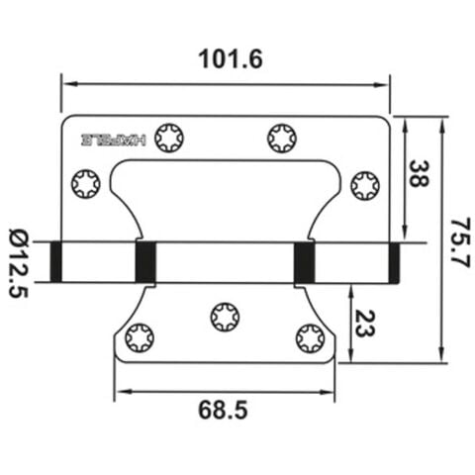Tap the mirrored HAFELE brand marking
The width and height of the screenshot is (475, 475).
click(x=112, y=141)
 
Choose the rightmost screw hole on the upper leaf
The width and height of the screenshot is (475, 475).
click(x=365, y=183)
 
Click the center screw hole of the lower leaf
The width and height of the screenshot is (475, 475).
click(x=225, y=317)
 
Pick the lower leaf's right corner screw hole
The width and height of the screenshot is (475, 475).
click(x=310, y=338)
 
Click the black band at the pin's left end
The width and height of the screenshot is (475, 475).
click(x=56, y=262)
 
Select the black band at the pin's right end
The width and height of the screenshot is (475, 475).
click(x=394, y=262)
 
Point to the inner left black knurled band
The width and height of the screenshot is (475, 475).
click(x=145, y=262)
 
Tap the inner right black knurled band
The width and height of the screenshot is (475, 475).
click(x=305, y=262)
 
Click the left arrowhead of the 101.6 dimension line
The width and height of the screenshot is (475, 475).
click(x=66, y=84)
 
